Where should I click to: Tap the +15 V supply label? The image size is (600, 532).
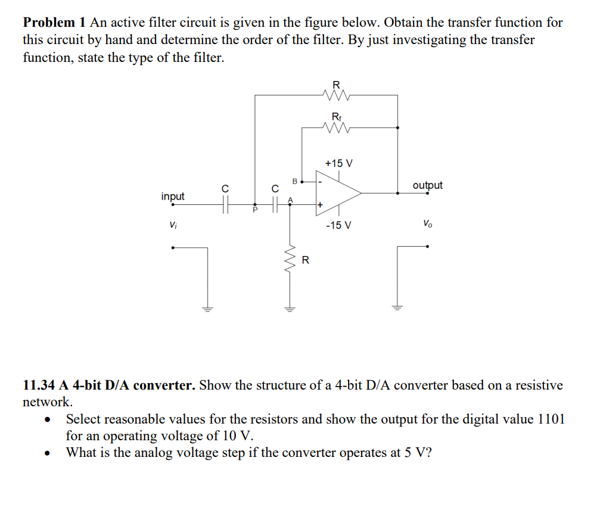pos(338,163)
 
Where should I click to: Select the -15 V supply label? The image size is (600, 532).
pos(338,225)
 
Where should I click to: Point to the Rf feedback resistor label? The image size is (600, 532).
pos(336,116)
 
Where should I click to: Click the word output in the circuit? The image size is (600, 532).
pos(427,185)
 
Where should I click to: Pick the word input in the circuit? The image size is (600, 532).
pos(173,196)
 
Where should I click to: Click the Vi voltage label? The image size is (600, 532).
pos(173,225)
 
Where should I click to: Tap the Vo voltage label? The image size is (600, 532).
pos(427,224)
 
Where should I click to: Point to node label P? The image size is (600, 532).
pos(254,210)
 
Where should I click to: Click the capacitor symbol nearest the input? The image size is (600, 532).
pos(225,205)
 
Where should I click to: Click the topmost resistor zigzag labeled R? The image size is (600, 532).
pos(336,94)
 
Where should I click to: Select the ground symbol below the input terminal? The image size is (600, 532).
pos(208,309)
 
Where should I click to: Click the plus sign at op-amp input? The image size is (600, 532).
pos(320,205)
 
